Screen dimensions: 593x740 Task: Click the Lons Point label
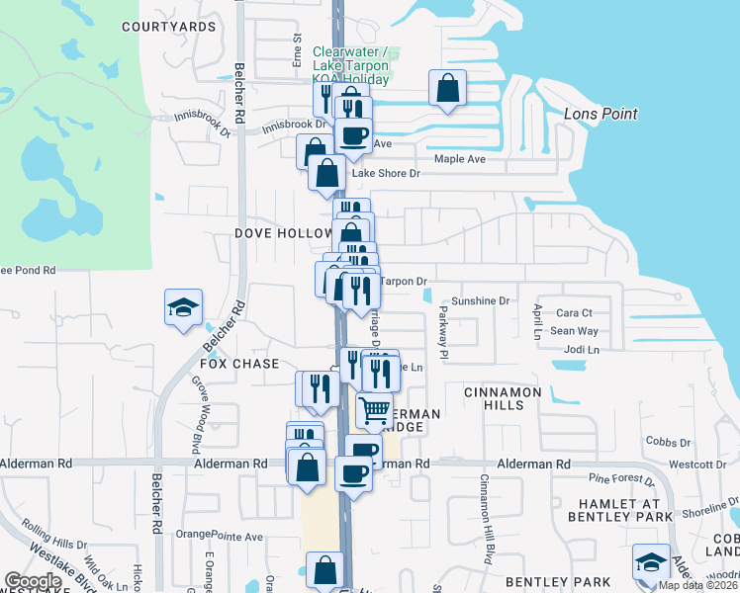[x=600, y=114]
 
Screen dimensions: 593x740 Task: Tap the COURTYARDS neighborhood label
[x=168, y=26]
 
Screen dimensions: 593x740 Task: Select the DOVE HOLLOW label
[x=283, y=233]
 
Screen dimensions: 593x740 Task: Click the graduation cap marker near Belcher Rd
[x=183, y=307]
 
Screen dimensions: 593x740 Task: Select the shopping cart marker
[x=374, y=409]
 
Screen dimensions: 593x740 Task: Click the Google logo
[x=33, y=581]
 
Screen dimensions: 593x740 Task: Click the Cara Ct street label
[x=573, y=312]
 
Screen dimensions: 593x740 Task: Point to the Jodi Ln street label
[x=581, y=350]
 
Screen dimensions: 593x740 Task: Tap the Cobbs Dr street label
[x=668, y=442]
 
